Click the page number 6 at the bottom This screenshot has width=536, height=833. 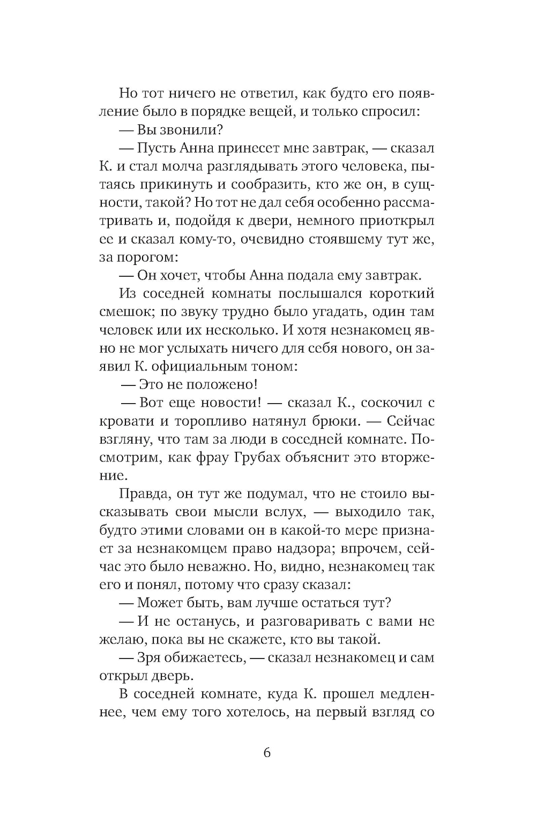click(x=267, y=753)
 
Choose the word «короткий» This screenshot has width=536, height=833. click(x=400, y=294)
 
